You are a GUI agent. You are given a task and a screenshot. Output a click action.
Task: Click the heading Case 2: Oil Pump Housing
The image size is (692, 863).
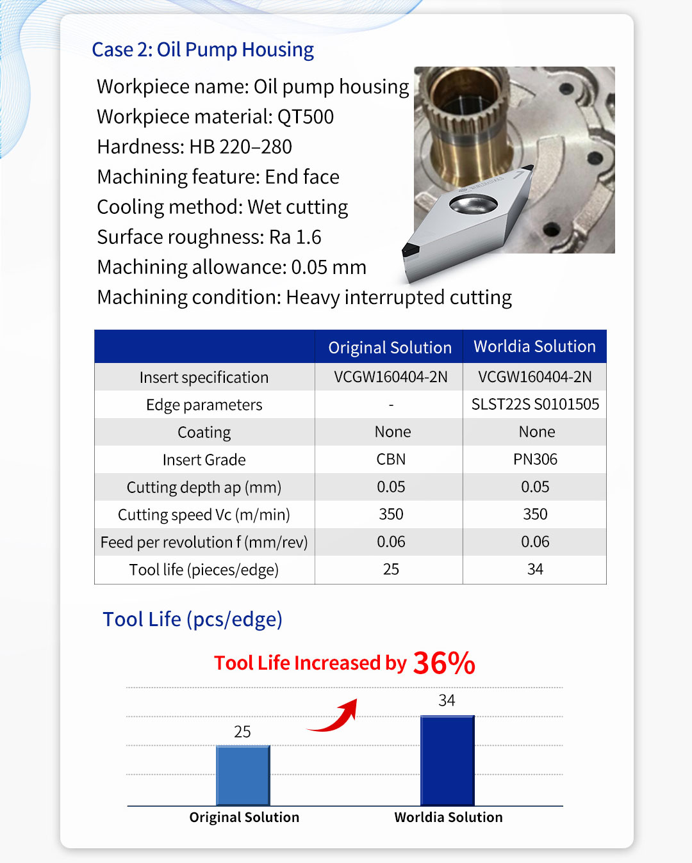(x=202, y=50)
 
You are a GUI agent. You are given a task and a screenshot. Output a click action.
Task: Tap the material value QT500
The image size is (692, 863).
(x=306, y=117)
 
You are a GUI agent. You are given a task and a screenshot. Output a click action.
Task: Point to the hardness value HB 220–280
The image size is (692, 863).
(x=240, y=147)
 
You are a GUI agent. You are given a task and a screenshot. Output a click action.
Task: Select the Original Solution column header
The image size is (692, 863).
(x=390, y=348)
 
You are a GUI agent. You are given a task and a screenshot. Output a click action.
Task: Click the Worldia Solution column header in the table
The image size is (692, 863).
(x=534, y=346)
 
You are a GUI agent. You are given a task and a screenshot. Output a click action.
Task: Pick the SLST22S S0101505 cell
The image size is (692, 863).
(x=535, y=405)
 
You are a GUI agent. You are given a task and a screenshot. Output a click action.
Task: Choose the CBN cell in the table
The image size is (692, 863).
(x=391, y=460)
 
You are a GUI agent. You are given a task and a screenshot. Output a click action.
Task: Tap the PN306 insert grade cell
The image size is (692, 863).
(x=535, y=460)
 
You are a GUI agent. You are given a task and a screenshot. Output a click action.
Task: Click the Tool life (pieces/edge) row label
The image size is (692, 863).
(x=204, y=570)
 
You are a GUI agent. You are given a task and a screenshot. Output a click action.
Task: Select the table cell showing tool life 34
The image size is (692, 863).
(x=535, y=570)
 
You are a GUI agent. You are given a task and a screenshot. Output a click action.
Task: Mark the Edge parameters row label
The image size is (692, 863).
(x=204, y=405)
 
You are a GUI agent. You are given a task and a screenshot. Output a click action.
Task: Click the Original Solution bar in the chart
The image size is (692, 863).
(x=243, y=775)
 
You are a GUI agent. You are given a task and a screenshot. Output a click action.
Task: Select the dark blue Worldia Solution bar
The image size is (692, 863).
(x=447, y=761)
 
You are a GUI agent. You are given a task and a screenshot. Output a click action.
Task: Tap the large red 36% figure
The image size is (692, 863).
(x=444, y=663)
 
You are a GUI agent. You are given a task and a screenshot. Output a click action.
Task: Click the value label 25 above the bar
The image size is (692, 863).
(x=242, y=732)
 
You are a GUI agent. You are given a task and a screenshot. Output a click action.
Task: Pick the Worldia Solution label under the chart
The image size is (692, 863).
(x=449, y=818)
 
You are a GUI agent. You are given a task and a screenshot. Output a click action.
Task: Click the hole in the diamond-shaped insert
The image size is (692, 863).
(x=473, y=204)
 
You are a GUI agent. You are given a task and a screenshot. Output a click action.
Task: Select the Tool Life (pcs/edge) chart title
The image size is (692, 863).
(x=192, y=620)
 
